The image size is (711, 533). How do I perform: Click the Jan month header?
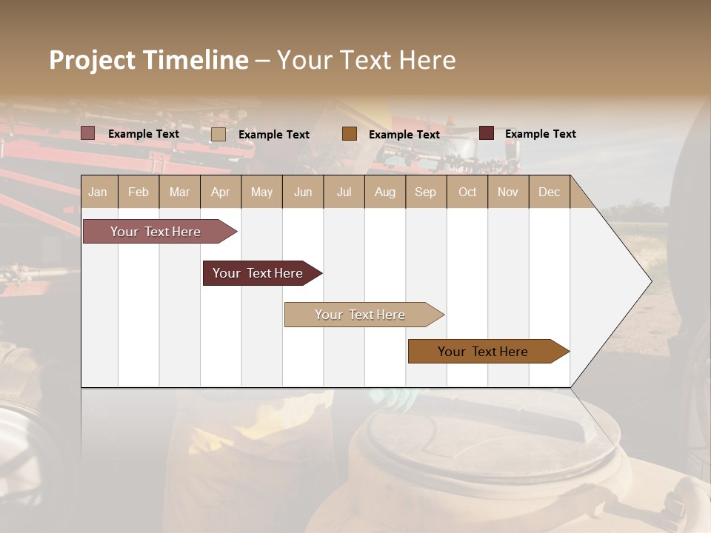(x=98, y=192)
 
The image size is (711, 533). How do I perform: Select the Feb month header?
(x=138, y=192)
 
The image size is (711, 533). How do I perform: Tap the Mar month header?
(x=179, y=192)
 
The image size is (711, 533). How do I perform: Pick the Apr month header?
(x=220, y=192)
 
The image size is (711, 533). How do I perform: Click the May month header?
(x=261, y=192)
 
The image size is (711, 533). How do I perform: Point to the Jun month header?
(x=303, y=192)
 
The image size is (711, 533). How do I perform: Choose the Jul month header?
(x=344, y=192)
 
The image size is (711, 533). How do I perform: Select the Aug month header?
(x=384, y=192)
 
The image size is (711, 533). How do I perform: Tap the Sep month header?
(x=425, y=192)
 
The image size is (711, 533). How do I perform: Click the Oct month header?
(x=467, y=192)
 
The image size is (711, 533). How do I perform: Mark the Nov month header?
(x=507, y=192)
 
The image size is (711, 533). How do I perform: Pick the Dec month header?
(x=549, y=192)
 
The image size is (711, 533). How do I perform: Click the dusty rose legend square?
(x=87, y=133)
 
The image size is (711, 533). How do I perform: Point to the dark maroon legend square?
(x=486, y=133)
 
